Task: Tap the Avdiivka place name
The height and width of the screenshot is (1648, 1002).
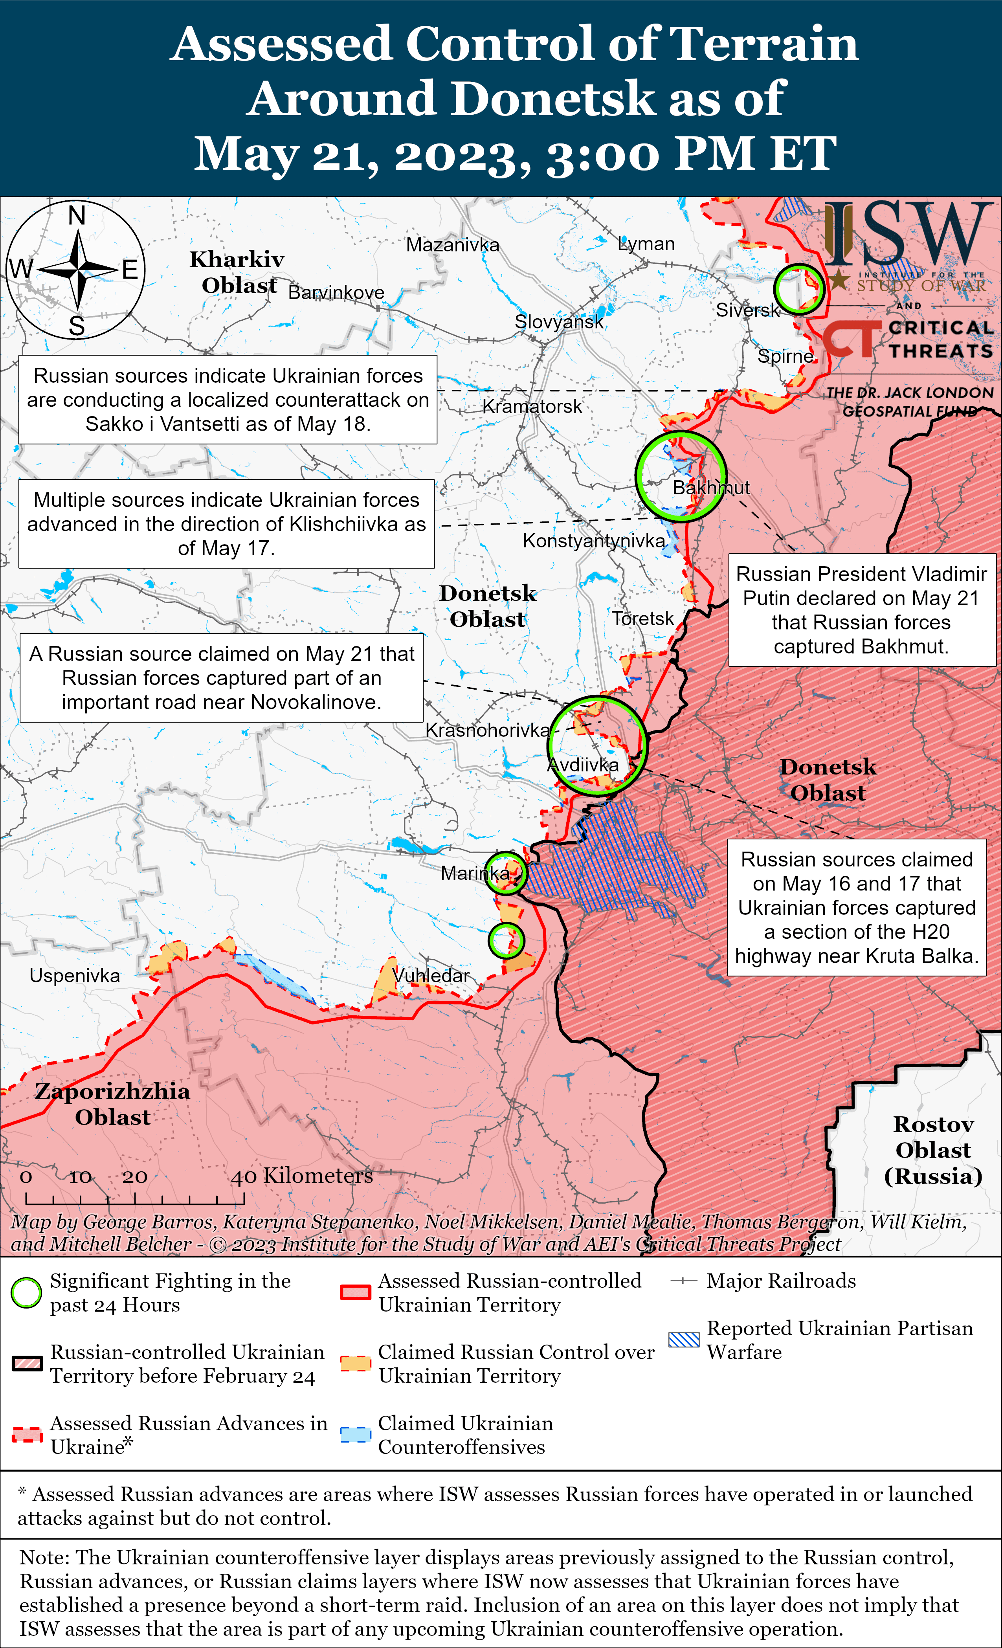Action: click(583, 765)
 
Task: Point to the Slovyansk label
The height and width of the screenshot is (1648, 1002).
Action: click(558, 322)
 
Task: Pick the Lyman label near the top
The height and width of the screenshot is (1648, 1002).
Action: click(646, 244)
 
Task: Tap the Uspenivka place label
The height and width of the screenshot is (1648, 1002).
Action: click(74, 975)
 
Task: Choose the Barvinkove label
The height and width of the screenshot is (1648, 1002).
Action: click(336, 292)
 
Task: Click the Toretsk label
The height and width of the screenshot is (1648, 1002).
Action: click(643, 618)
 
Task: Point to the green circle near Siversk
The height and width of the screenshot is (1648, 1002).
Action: click(799, 289)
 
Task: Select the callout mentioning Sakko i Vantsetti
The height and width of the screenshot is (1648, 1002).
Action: click(228, 399)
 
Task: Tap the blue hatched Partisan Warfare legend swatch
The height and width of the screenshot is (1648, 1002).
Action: click(684, 1339)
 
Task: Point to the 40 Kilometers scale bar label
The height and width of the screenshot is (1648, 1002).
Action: click(302, 1175)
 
